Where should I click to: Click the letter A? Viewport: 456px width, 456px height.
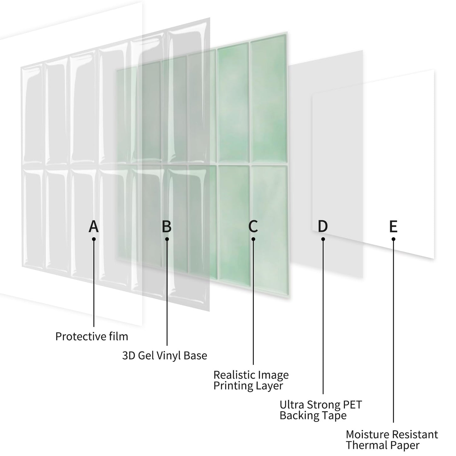(x=94, y=226)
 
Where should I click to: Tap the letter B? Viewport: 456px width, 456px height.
(x=167, y=226)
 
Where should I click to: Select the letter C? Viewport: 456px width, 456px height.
(x=253, y=226)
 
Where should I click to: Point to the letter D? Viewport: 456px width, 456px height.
(x=323, y=226)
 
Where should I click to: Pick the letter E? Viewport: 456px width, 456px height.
(x=393, y=226)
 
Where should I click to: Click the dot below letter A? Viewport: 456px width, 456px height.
(x=94, y=239)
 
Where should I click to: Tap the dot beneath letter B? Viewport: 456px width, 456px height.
(x=167, y=239)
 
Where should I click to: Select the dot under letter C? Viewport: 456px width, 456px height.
(x=253, y=239)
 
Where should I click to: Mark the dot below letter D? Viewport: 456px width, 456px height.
(x=323, y=239)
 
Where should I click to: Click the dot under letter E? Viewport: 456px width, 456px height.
(x=393, y=239)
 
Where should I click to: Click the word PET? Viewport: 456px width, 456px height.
(x=352, y=405)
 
